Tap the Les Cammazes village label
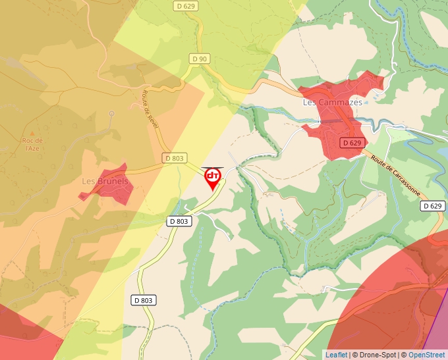333,103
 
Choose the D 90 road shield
199,59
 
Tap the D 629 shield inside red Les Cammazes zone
352,143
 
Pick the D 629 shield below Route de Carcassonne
432,206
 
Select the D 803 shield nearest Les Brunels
175,158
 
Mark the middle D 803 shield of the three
179,221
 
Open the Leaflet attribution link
336,355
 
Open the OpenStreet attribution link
426,355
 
